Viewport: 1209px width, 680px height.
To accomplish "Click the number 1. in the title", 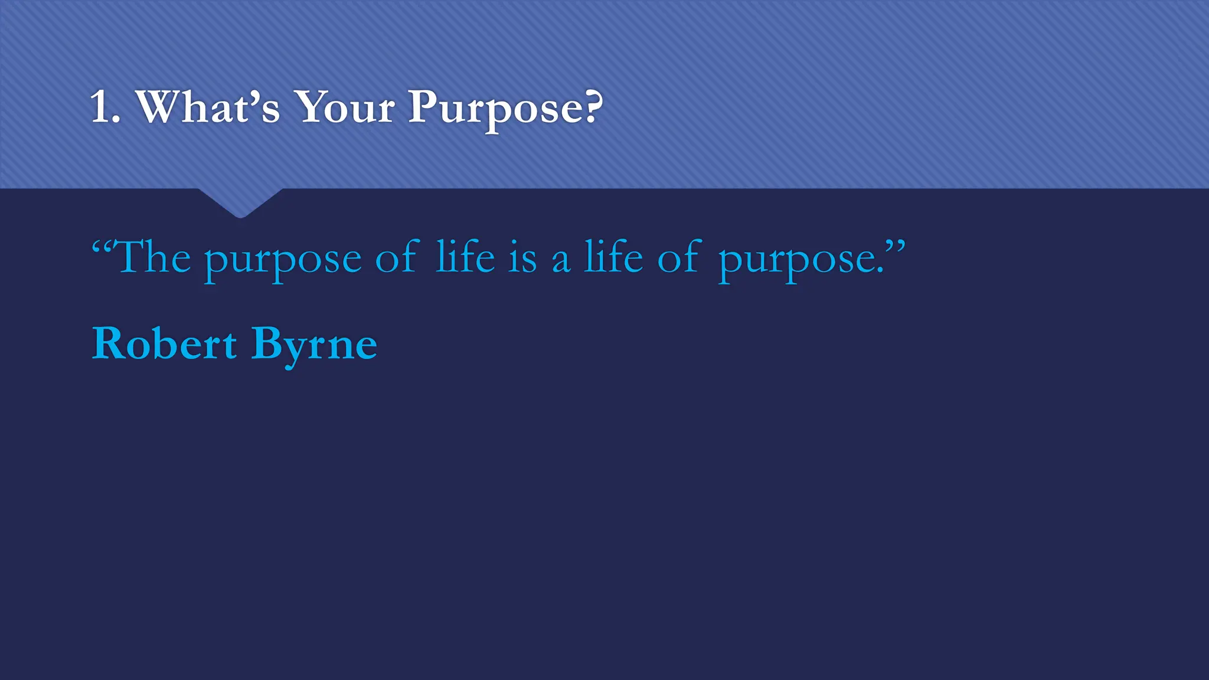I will [105, 107].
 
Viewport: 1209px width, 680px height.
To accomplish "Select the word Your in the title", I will [345, 107].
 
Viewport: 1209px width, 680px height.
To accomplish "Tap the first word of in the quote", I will [397, 257].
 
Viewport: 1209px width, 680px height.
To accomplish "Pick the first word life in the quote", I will [465, 257].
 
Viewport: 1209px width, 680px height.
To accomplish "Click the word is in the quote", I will [522, 259].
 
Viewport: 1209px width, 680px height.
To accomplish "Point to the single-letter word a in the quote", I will [561, 261].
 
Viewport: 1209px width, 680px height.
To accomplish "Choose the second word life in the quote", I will [613, 257].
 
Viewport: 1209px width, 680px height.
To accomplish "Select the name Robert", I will [164, 344].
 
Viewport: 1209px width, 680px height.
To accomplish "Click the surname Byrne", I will [314, 345].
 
